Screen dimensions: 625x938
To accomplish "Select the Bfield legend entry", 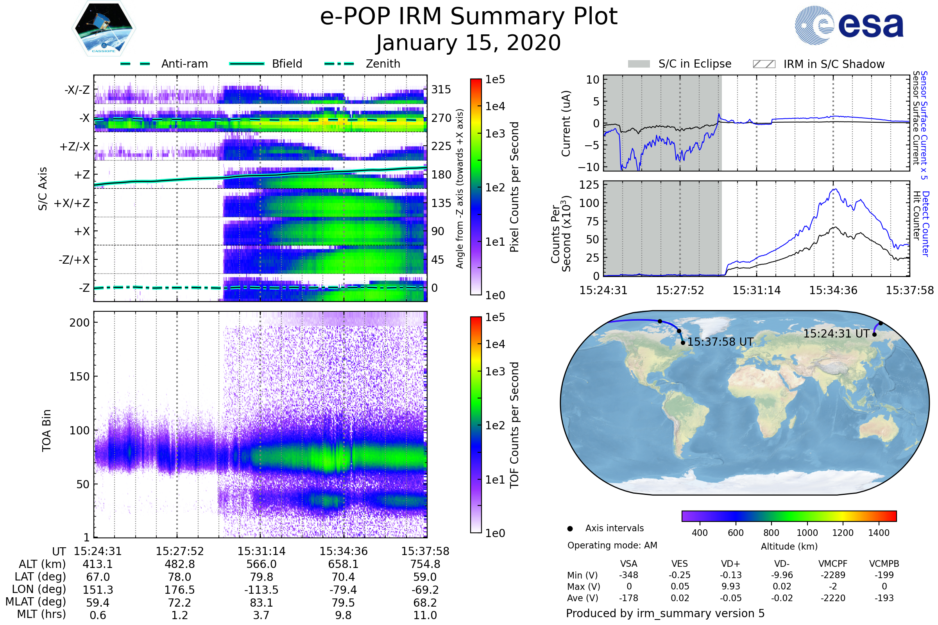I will coord(287,64).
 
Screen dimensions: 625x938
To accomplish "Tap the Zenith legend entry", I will coord(383,64).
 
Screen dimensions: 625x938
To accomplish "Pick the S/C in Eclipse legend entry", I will coord(695,64).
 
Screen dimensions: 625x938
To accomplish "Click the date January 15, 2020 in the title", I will coord(468,43).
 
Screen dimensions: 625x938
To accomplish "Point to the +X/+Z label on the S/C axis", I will coord(72,203).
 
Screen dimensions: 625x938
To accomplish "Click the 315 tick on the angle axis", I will coord(441,89).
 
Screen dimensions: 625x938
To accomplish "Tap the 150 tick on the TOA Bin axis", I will coord(79,377).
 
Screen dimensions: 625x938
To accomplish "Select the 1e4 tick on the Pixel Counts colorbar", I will coord(495,106).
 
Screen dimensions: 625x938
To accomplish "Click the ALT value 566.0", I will coord(261,564).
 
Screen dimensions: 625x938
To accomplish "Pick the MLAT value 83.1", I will coord(261,603).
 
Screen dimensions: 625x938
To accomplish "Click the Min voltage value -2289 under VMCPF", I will coord(833,575).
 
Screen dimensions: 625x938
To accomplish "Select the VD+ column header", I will coord(730,564).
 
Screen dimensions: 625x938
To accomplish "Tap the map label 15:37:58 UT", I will coord(720,342).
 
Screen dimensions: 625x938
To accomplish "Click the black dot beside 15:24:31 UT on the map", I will coord(875,334).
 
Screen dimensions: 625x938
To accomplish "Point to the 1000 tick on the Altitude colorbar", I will coord(807,533).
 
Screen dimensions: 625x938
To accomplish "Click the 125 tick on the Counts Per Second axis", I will coord(589,185).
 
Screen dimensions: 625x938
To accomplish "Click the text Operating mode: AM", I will coord(612,545).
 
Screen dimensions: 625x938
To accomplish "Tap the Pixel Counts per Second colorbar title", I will coord(514,187).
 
